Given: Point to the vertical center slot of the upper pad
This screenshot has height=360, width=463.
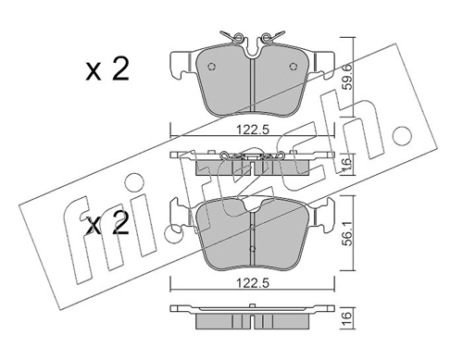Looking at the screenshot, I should (251, 88).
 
